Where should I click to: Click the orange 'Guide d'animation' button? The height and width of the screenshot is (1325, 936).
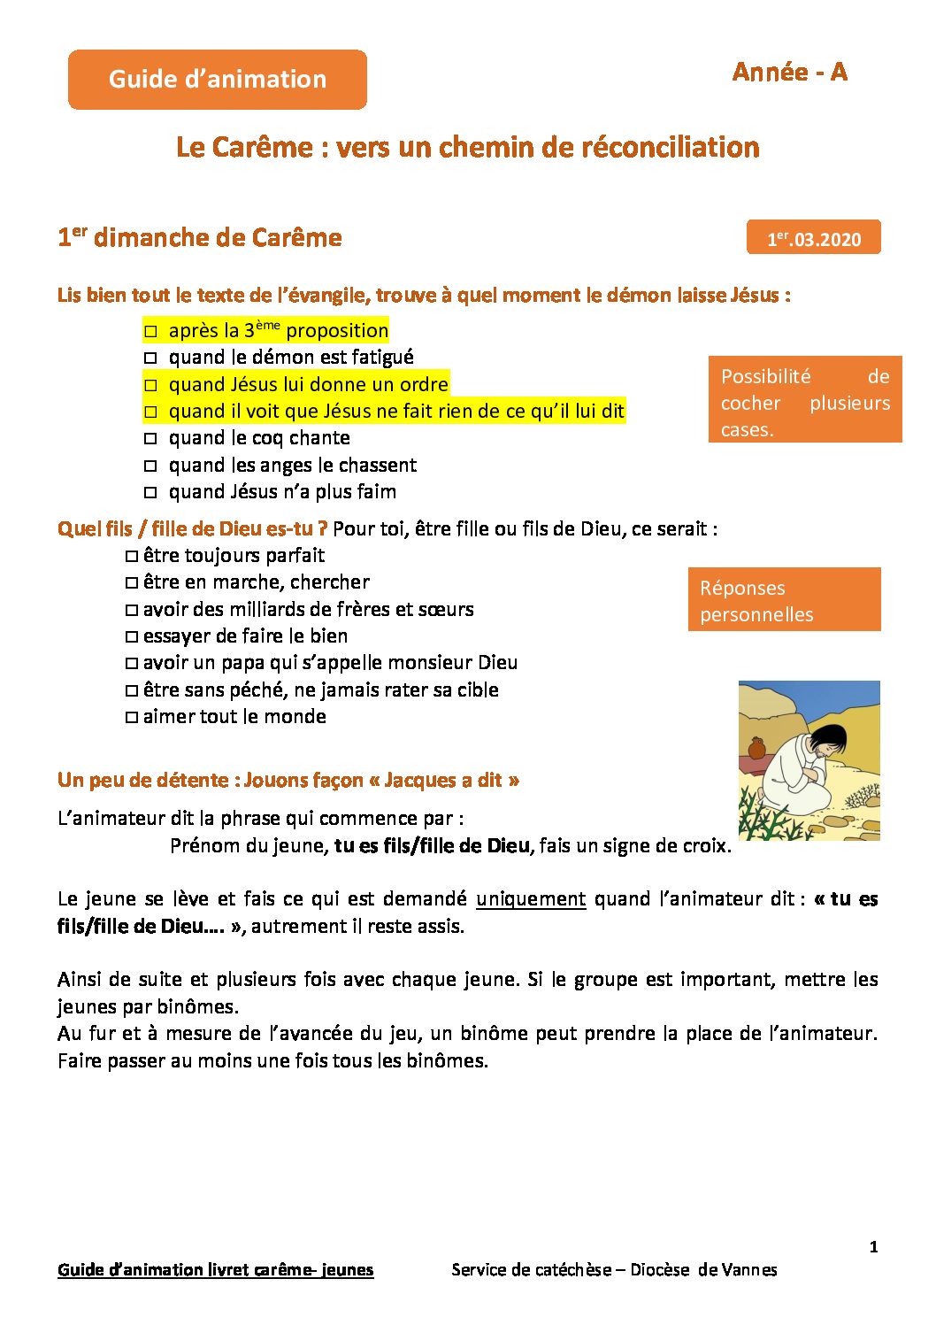point(218,80)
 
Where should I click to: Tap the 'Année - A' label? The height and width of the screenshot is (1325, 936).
point(789,73)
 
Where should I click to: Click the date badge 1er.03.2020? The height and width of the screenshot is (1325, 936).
point(813,238)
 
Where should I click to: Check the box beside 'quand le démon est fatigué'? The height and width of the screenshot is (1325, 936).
point(150,358)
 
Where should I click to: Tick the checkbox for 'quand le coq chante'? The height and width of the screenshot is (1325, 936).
point(150,439)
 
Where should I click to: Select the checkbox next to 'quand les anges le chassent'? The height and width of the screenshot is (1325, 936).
point(150,466)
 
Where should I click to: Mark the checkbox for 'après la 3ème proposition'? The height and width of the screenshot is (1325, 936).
point(150,332)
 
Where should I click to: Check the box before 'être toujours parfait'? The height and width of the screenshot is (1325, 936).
point(132,557)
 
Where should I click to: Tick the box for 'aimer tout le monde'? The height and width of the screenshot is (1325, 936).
point(132,718)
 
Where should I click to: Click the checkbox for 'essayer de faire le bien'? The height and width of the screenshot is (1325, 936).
point(132,637)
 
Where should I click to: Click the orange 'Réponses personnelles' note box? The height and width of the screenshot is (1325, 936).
point(784,600)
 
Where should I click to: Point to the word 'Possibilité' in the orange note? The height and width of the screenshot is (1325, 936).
point(765,377)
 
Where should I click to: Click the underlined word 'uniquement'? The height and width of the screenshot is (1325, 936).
point(531,899)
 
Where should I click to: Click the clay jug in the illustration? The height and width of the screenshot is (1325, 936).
point(757,748)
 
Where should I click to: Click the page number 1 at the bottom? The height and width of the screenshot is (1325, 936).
point(873,1247)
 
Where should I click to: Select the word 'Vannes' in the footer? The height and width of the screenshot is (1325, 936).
point(749,1270)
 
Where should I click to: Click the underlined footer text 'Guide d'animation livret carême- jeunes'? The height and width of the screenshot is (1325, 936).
point(215,1270)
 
